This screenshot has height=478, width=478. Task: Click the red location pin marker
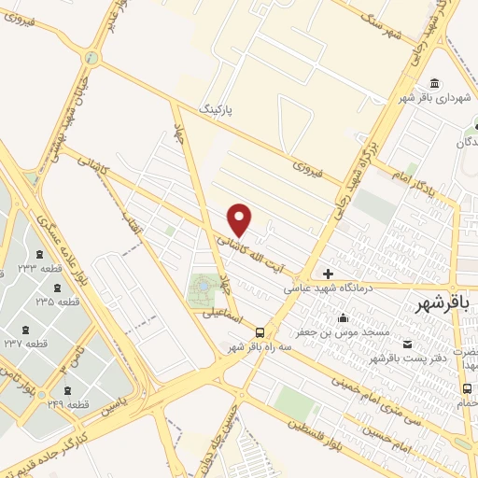[240, 219]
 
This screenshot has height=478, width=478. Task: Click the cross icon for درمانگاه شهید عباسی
[328, 274]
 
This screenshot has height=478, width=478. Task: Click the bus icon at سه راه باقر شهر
[260, 332]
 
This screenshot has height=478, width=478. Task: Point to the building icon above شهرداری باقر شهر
[435, 83]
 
